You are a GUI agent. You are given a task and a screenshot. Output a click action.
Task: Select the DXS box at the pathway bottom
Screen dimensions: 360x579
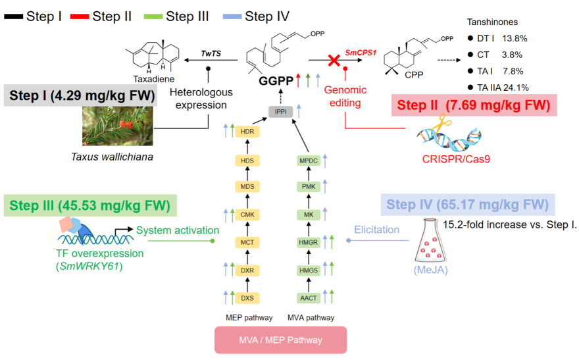point(247,298)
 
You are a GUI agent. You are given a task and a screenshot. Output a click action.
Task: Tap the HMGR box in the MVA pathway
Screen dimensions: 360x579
point(308,243)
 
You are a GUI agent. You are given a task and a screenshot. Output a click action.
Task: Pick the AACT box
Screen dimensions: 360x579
point(308,298)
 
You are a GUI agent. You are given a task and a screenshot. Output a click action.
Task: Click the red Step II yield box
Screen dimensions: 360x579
point(473,105)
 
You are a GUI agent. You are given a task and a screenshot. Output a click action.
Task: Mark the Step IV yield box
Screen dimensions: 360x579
point(466,203)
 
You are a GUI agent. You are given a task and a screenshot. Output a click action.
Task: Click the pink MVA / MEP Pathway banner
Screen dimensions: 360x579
point(280,339)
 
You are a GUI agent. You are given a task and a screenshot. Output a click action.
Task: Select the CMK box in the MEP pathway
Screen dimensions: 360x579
point(247,215)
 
